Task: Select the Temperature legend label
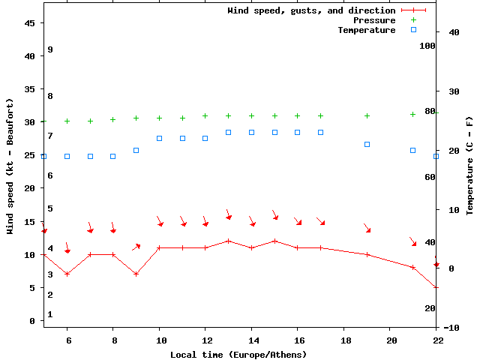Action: [x=366, y=30]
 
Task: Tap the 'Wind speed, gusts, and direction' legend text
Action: [x=311, y=10]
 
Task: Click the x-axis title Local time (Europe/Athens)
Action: [x=238, y=354]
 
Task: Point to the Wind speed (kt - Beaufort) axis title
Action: [x=10, y=166]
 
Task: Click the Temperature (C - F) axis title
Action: [x=469, y=166]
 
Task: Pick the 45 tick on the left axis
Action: [x=30, y=23]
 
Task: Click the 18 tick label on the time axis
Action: [x=345, y=340]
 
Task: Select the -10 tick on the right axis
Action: [x=451, y=328]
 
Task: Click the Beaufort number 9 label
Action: [x=49, y=49]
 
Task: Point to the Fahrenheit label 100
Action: [x=427, y=46]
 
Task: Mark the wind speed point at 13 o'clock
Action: [x=229, y=241]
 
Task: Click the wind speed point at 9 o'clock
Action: [x=136, y=274]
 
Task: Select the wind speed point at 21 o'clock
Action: [x=413, y=267]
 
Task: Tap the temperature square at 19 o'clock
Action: [x=367, y=144]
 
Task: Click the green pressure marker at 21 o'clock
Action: [x=413, y=114]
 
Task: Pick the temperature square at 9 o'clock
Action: [x=136, y=150]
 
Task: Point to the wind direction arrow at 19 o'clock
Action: [x=367, y=228]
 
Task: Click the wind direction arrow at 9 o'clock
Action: [x=136, y=246]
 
